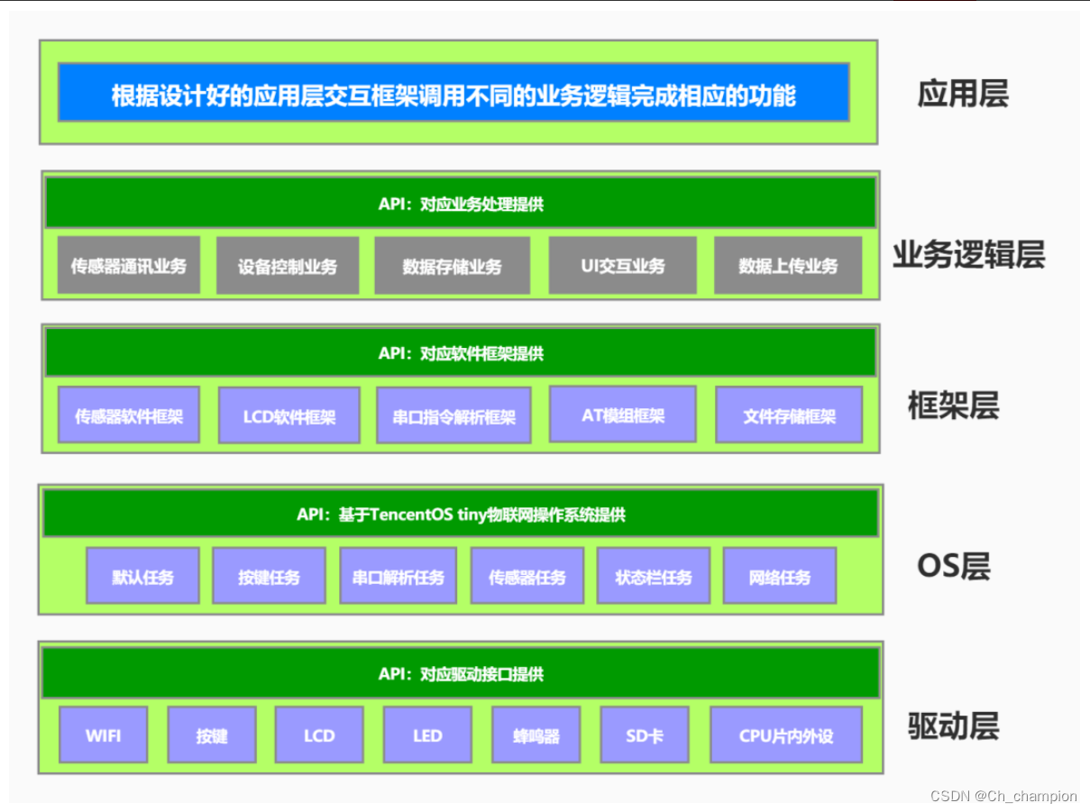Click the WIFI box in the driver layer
pos(103,735)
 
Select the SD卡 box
pos(644,735)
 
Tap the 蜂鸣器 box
pos(536,735)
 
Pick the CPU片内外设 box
pos(785,735)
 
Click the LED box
pos(427,735)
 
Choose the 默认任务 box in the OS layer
pos(142,577)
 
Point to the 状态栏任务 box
pos(653,577)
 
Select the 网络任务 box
pos(780,577)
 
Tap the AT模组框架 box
pos(622,415)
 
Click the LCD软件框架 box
pos(289,416)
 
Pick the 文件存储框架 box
pos(789,416)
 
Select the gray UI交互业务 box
pos(622,266)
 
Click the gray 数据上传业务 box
pos(787,266)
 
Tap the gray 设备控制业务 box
pos(287,266)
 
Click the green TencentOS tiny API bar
pos(461,515)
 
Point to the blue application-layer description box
pos(453,93)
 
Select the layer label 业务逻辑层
pos(968,255)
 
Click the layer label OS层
pos(953,566)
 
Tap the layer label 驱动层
pos(953,725)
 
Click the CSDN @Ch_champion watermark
pos(1003,796)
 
